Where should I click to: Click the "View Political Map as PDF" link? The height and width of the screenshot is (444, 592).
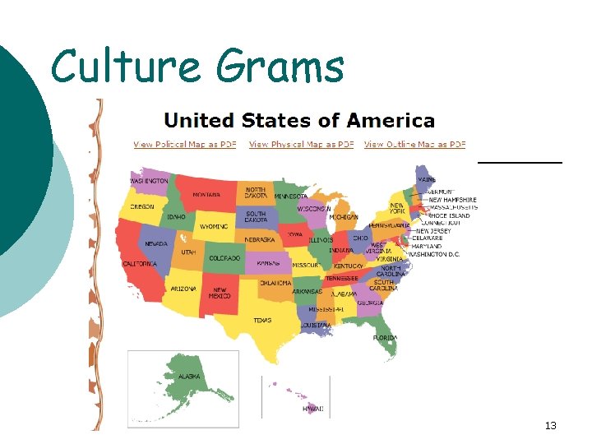point(184,145)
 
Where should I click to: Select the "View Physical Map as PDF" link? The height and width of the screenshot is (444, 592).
point(301,145)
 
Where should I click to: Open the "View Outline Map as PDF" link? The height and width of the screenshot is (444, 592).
point(415,145)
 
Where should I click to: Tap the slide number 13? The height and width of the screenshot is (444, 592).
point(551,425)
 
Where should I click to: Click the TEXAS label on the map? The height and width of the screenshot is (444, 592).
point(262,320)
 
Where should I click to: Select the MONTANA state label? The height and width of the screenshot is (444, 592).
point(206,195)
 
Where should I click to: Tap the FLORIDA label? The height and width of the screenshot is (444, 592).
point(386,338)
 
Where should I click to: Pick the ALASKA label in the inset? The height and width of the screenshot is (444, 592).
point(188,377)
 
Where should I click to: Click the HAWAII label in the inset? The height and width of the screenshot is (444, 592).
point(312,409)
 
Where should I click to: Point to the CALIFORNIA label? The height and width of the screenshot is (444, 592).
point(140,264)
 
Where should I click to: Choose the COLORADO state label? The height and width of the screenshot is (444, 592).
point(224,258)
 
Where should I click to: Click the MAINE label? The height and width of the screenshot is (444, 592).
point(427,178)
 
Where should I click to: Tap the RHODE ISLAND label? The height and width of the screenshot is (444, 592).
point(449,216)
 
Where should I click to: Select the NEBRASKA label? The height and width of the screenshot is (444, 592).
point(259,239)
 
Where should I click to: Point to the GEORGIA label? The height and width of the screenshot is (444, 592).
point(370,303)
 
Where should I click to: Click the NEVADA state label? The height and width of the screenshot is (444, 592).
point(156,243)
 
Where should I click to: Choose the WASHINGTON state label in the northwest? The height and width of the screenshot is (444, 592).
point(149,181)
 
